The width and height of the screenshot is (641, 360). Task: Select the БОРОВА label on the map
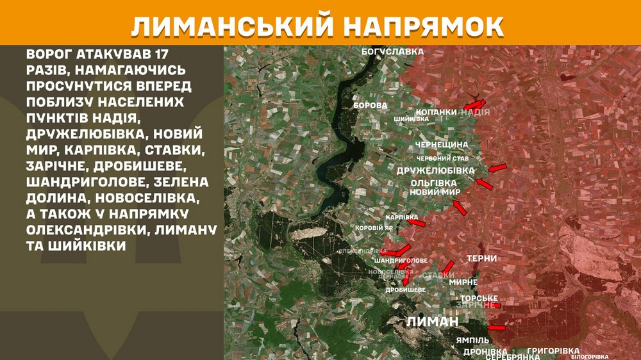370,104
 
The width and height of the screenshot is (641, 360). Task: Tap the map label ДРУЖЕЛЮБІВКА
435,170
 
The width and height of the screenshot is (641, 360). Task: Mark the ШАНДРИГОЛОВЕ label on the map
400,261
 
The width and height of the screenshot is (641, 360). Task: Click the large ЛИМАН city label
432,322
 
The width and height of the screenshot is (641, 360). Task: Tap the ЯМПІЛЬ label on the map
473,339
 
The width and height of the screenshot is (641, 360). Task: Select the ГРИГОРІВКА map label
553,351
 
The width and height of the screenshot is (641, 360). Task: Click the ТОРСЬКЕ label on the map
479,299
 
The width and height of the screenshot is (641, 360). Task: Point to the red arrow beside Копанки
474,104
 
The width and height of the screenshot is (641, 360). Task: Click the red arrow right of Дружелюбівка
497,168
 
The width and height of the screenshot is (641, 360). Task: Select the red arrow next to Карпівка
417,223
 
